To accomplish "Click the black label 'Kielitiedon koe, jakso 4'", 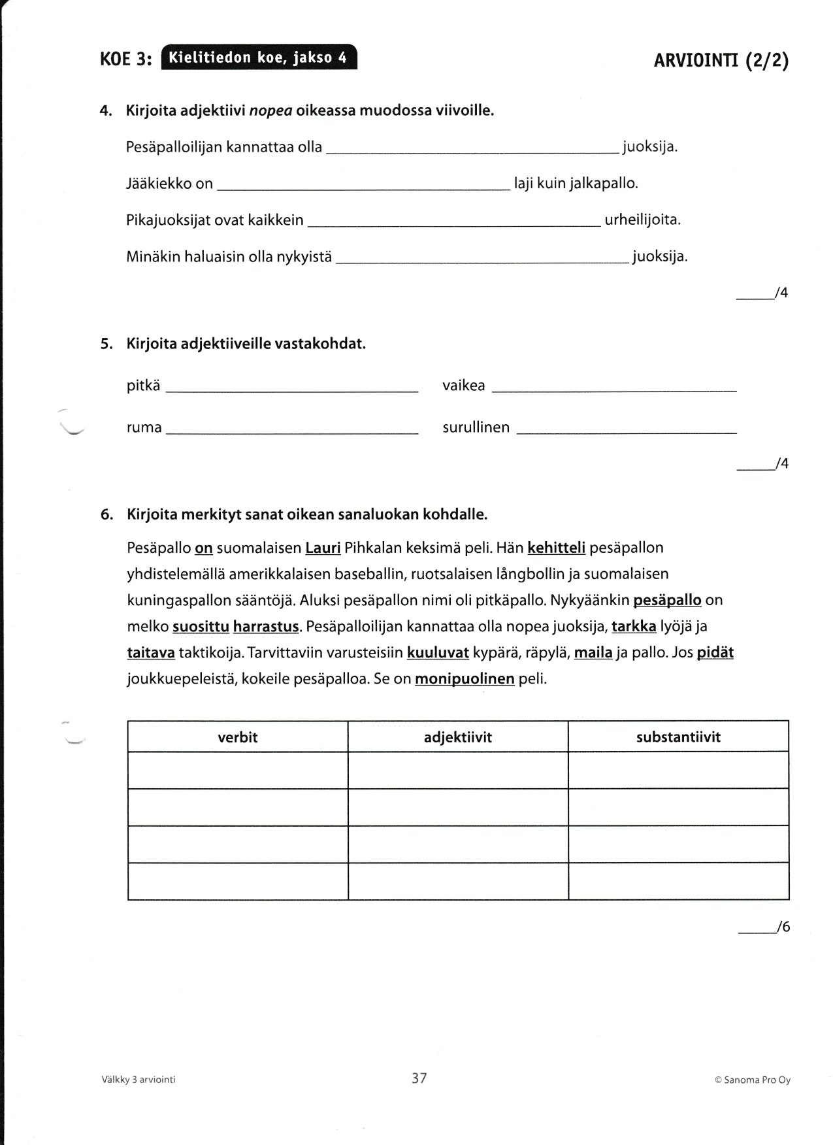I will pyautogui.click(x=258, y=58).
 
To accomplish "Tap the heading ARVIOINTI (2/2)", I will pyautogui.click(x=721, y=61).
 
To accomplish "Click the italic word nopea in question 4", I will pyautogui.click(x=270, y=110).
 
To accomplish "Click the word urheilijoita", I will pyautogui.click(x=642, y=220).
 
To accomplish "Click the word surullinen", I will pyautogui.click(x=476, y=427).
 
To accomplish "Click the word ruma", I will pyautogui.click(x=144, y=427).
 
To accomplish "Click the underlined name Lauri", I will pyautogui.click(x=323, y=548).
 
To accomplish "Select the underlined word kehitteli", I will pyautogui.click(x=556, y=548).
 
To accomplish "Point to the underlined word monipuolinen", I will pyautogui.click(x=465, y=679).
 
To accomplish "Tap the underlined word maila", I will pyautogui.click(x=593, y=652).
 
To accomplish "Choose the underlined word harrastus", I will pyautogui.click(x=266, y=626).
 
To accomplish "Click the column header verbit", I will pyautogui.click(x=238, y=737).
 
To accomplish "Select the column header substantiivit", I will pyautogui.click(x=678, y=737).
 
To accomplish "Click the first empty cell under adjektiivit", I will pyautogui.click(x=458, y=770).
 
